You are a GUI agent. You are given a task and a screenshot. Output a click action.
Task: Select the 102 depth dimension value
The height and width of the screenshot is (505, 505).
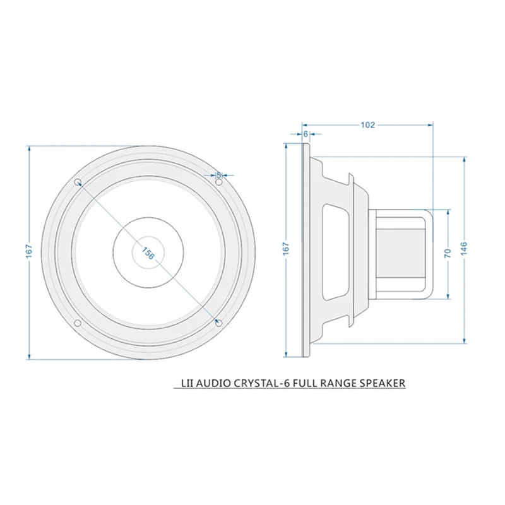coord(368,125)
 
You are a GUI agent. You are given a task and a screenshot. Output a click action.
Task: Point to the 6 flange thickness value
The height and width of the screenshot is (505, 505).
coord(306,134)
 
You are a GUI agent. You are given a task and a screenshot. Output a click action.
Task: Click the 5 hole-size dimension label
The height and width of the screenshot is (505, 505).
coord(218,174)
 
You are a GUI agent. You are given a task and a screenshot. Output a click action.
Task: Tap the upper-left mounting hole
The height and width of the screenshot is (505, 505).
coord(78,182)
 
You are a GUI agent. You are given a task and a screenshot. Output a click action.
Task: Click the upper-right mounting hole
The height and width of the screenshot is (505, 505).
coord(219,182)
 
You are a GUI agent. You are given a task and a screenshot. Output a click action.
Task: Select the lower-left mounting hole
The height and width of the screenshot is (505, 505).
coord(77,323)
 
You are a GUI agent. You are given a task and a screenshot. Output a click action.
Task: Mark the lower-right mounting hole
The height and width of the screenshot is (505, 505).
coord(218,323)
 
